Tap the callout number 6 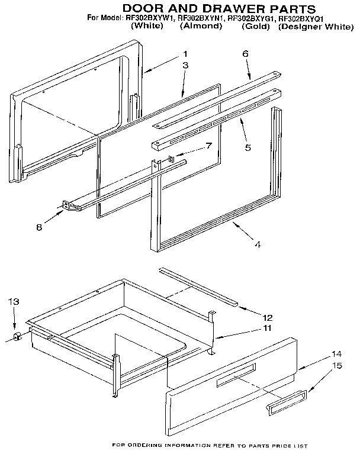245,54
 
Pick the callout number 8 39,226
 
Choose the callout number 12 268,317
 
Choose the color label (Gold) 256,27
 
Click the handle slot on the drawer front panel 236,376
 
